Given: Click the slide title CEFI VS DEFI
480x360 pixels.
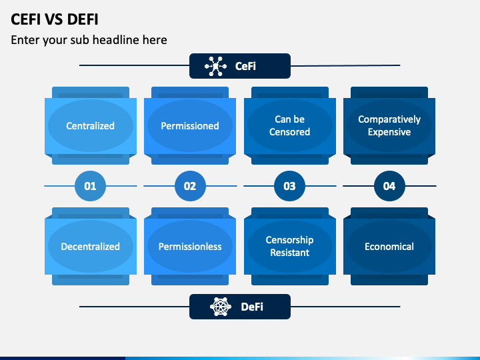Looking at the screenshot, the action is [55, 19].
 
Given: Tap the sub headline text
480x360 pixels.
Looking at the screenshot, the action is [89, 40].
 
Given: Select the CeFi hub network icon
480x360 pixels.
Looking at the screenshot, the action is [215, 66].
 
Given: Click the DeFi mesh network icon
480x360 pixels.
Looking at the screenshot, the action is [221, 307].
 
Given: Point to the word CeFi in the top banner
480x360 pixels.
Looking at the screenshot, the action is [245, 66].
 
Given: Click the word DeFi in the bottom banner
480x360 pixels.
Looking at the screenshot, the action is [252, 307].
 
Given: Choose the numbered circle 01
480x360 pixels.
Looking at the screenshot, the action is [90, 186].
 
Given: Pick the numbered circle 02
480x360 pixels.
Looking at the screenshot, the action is [190, 186].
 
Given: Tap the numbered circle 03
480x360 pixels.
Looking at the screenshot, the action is [289, 186].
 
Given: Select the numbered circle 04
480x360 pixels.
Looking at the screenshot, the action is [389, 186].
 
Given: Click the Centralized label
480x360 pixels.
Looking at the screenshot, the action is [90, 126].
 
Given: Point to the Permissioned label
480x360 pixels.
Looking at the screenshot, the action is [190, 126].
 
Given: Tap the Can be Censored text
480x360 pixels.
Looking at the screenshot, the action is [289, 125].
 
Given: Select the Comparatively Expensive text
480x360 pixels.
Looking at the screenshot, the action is [389, 125].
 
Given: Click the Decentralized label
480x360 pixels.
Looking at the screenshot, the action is [90, 247].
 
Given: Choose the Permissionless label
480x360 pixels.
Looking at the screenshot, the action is [190, 247].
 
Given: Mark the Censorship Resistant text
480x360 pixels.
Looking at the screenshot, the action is [289, 246].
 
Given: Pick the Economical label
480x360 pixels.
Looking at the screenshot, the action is [389, 247].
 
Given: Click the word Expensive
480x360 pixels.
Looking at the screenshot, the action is [389, 132].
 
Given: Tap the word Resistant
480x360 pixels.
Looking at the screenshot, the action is [289, 253].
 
